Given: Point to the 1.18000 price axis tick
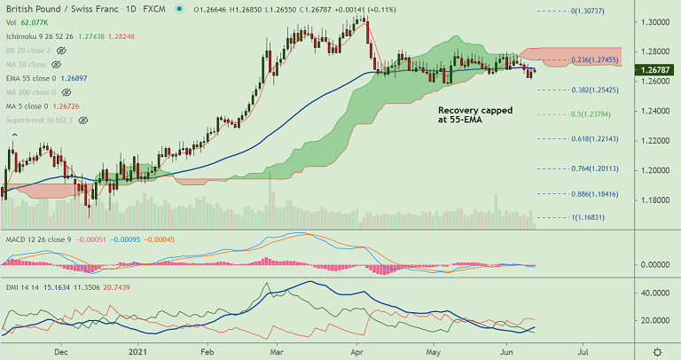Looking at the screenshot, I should click(656, 200).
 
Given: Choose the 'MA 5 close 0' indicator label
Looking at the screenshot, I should click(30, 106).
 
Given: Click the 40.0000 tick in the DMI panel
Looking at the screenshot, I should click(654, 292).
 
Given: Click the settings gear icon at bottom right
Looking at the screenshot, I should click(656, 352).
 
